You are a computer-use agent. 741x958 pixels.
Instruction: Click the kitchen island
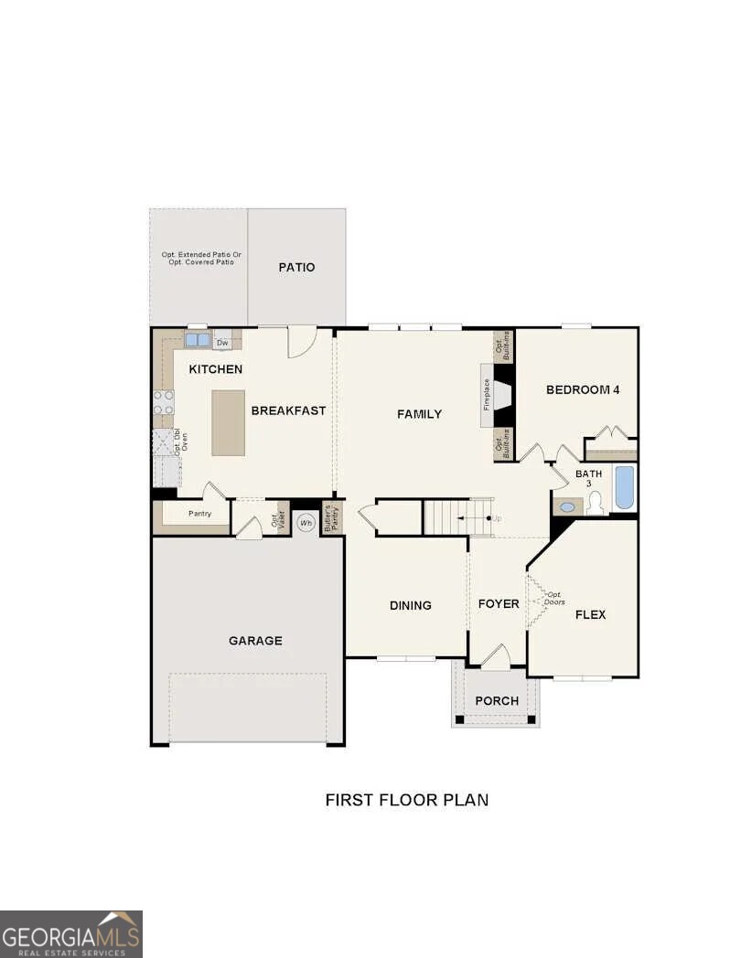229,422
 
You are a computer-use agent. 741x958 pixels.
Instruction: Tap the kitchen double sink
197,340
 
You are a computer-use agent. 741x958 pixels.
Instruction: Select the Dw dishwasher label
222,343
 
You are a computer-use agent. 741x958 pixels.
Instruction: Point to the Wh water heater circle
306,523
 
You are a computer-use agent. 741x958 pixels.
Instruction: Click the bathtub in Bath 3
624,487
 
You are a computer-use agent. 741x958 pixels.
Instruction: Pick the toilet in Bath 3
595,502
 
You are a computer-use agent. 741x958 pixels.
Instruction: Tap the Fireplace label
487,394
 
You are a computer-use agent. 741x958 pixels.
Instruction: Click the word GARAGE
255,641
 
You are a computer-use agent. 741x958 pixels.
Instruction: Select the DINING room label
411,605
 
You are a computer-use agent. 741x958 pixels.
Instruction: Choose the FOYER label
499,604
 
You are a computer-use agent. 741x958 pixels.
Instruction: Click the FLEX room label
590,614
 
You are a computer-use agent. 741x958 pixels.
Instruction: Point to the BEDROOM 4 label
583,389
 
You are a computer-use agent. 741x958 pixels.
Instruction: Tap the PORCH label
497,701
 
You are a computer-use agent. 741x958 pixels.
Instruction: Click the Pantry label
199,514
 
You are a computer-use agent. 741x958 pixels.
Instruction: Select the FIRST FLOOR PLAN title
407,800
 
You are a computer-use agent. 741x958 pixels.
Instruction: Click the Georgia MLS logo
71,933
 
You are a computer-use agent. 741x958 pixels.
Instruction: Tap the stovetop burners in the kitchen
164,402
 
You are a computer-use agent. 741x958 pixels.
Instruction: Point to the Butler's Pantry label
331,517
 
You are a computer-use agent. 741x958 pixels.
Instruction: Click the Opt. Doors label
554,598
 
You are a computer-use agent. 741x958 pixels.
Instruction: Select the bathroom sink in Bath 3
568,506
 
